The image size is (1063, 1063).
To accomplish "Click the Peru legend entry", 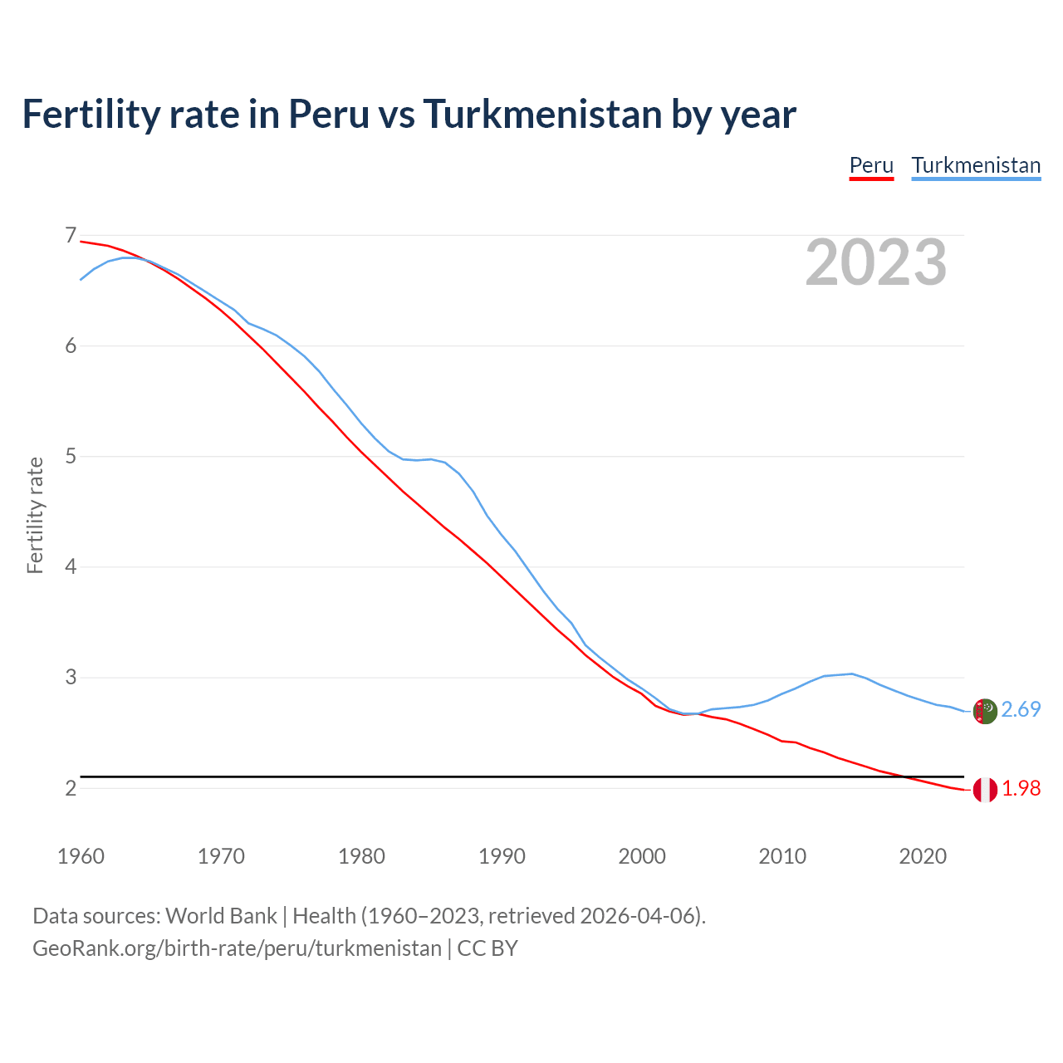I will [x=871, y=165].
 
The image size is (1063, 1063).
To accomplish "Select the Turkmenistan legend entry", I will [x=976, y=165].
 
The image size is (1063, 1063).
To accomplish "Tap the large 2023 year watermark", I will [x=876, y=262].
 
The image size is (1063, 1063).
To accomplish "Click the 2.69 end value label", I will [x=1021, y=709].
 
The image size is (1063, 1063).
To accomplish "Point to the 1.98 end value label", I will [x=1021, y=788].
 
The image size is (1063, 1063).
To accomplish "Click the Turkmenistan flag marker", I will [x=985, y=712].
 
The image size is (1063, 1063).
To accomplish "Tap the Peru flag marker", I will [x=985, y=790].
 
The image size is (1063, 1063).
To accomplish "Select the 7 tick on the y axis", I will [x=71, y=236].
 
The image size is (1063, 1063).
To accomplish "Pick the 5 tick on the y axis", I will [x=71, y=457].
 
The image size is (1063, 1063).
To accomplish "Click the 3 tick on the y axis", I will [x=71, y=678].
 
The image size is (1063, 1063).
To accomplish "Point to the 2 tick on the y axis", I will [x=71, y=788].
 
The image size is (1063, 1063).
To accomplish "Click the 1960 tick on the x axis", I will [x=81, y=856].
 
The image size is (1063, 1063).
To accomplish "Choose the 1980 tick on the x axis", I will [x=361, y=856].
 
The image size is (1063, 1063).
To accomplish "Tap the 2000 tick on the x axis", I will [x=642, y=856].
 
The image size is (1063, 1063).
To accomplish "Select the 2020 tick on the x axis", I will [x=923, y=856].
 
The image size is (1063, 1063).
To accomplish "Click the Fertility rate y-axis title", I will [x=35, y=515].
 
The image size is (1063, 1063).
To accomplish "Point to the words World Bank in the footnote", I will [x=221, y=916].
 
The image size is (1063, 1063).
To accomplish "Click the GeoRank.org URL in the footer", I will [x=237, y=948].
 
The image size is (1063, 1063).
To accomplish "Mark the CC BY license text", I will [x=487, y=948].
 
